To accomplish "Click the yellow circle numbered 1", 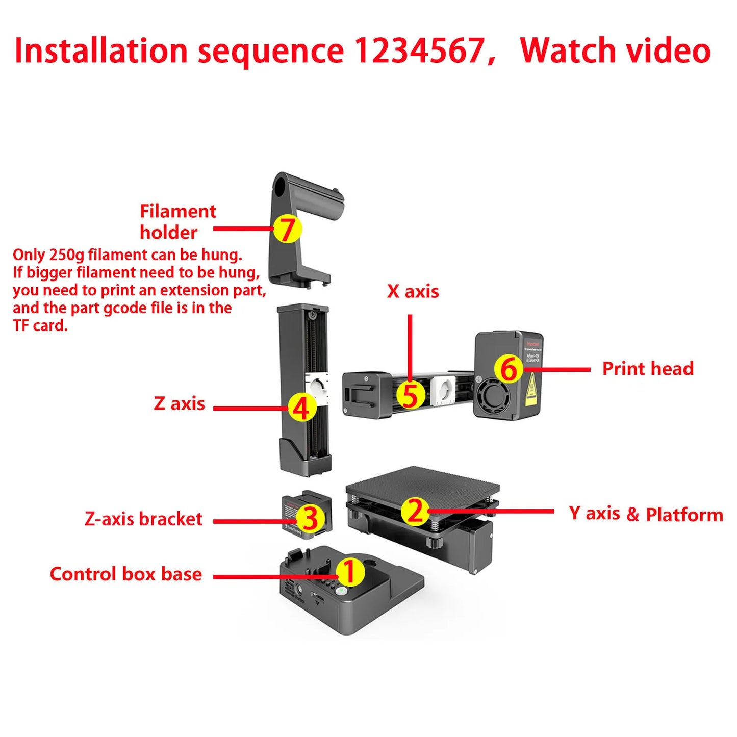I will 349,572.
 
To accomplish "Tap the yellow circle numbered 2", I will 415,511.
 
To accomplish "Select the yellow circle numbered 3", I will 310,518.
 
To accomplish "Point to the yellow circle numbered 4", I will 302,408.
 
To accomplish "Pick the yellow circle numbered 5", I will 411,395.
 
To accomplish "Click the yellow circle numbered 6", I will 509,369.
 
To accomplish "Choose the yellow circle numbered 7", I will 287,228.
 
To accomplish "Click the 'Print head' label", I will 648,368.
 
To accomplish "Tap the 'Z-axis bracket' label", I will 143,519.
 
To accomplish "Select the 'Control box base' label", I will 125,574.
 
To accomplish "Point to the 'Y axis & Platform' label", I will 646,514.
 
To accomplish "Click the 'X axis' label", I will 413,291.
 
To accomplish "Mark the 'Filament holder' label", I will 177,221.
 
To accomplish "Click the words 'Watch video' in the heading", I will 615,50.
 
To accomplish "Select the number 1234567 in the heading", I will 419,50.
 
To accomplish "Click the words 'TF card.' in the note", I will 40,325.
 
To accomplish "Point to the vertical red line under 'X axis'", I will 410,347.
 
